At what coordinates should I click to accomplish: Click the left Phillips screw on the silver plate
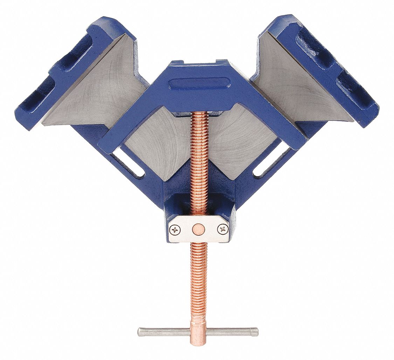[x=174, y=230]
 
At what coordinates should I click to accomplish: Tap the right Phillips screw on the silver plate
[x=222, y=229]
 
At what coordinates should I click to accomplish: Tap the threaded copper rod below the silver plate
[x=198, y=280]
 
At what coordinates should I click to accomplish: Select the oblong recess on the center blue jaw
[x=200, y=84]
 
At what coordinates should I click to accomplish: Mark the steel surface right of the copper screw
[x=238, y=140]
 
